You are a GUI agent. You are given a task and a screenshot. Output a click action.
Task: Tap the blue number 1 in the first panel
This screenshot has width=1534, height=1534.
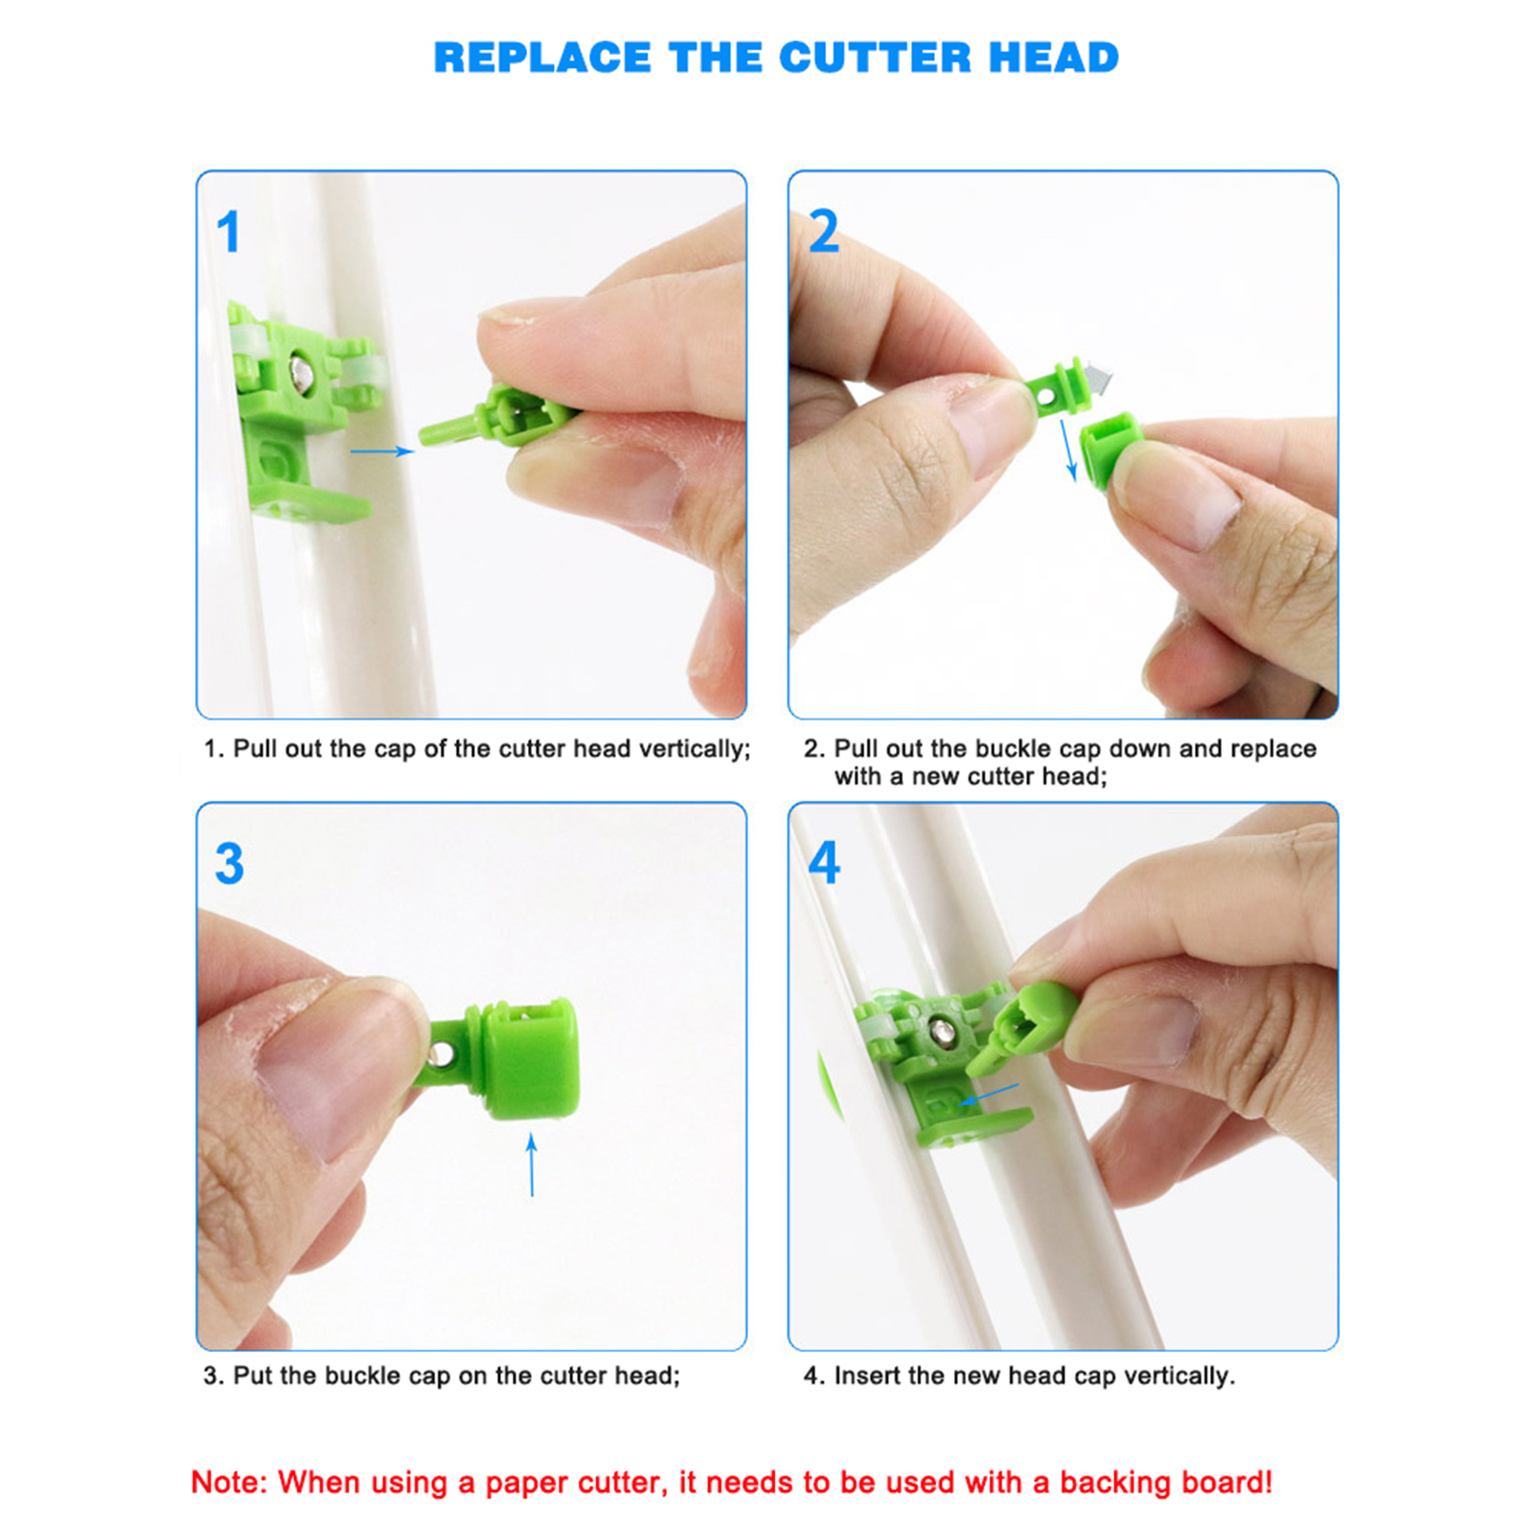[x=228, y=232]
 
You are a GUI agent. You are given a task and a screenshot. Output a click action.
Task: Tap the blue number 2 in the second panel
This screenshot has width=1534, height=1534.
[x=823, y=232]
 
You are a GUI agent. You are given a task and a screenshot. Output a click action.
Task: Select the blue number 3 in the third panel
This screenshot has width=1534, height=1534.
[x=229, y=863]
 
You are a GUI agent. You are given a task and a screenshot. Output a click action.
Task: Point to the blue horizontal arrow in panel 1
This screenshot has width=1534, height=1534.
[x=381, y=450]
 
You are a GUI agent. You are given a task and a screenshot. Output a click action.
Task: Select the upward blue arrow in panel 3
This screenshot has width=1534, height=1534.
[x=532, y=1164]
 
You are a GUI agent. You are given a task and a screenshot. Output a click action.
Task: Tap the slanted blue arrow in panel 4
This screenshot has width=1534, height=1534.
[x=990, y=1093]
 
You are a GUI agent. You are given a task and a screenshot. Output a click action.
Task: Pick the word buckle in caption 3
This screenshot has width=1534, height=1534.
[x=363, y=1376]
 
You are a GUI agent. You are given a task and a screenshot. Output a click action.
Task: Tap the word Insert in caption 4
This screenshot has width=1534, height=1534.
[x=866, y=1376]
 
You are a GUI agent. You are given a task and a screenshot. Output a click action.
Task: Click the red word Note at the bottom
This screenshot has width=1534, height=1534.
[x=227, y=1482]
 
